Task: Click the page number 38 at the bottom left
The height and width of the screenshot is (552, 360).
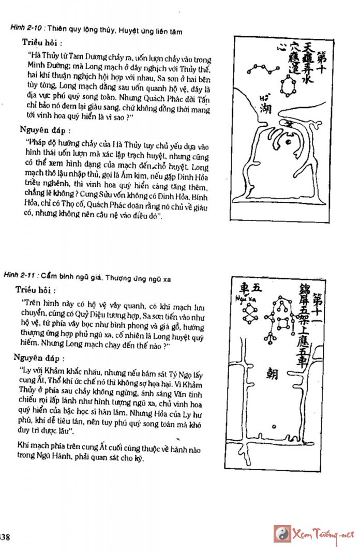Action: pos(5,536)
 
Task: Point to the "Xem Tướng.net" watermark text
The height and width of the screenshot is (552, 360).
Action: pos(323,534)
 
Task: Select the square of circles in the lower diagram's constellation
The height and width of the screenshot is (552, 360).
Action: pos(282,323)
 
